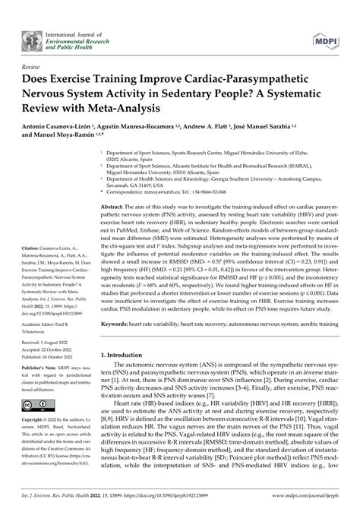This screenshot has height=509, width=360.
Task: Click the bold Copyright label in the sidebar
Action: (x=35, y=419)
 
